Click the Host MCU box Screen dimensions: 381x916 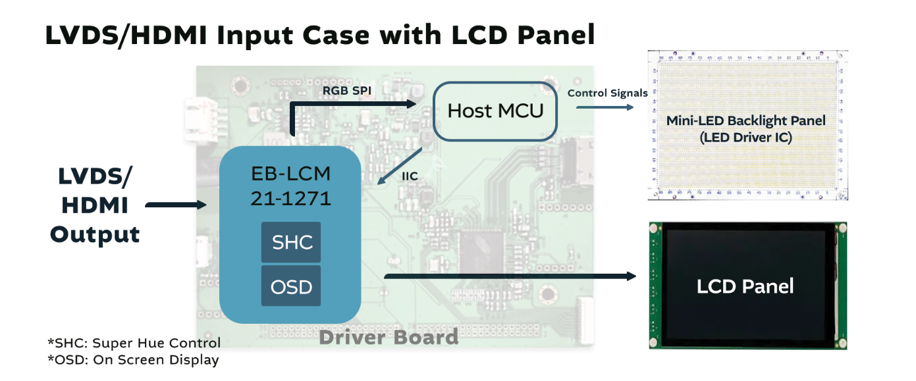coord(495,111)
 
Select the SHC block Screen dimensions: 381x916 coord(291,242)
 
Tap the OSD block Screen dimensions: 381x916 coord(291,286)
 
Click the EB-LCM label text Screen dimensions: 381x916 coord(290,174)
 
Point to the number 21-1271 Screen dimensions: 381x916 coord(290,198)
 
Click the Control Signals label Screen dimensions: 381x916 coord(607,93)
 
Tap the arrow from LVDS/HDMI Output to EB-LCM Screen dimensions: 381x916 coord(175,205)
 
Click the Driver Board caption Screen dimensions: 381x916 coord(389,338)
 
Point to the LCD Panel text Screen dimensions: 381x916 coord(745,286)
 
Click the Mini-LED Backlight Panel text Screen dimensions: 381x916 coord(745,121)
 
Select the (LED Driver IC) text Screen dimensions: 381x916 coord(745,138)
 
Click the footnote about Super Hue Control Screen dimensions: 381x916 coord(134,343)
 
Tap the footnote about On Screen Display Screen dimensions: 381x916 coord(133,359)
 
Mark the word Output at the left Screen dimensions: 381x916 coord(95,234)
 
